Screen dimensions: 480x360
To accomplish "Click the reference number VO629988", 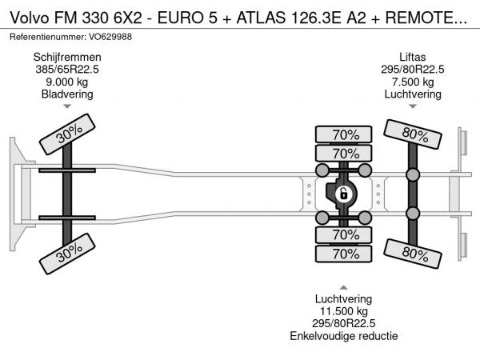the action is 110,37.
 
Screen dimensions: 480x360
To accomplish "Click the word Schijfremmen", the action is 67,58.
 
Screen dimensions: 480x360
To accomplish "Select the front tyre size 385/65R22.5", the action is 67,70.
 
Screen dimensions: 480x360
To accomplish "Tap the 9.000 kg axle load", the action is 66,82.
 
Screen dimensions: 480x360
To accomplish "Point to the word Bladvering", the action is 67,94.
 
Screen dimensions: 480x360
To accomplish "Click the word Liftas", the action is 413,58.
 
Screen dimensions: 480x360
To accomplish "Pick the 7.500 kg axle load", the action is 413,82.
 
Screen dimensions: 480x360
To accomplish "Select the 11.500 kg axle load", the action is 344,311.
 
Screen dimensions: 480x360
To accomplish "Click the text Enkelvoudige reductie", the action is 344,336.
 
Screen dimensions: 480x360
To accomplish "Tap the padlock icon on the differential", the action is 343,194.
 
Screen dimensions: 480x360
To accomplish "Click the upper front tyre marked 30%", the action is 67,134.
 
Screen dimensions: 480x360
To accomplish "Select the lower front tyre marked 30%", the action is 67,254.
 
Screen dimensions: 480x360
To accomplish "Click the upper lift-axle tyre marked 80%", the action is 413,134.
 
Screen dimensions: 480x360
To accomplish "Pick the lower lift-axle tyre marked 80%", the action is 413,254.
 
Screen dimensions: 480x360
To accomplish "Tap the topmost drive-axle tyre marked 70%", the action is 343,134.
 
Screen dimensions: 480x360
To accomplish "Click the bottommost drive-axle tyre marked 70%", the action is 343,254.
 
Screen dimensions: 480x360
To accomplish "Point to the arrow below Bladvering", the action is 67,106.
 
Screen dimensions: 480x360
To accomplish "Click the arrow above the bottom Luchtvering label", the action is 344,287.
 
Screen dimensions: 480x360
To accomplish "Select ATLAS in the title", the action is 262,18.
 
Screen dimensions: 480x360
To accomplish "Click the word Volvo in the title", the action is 30,18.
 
